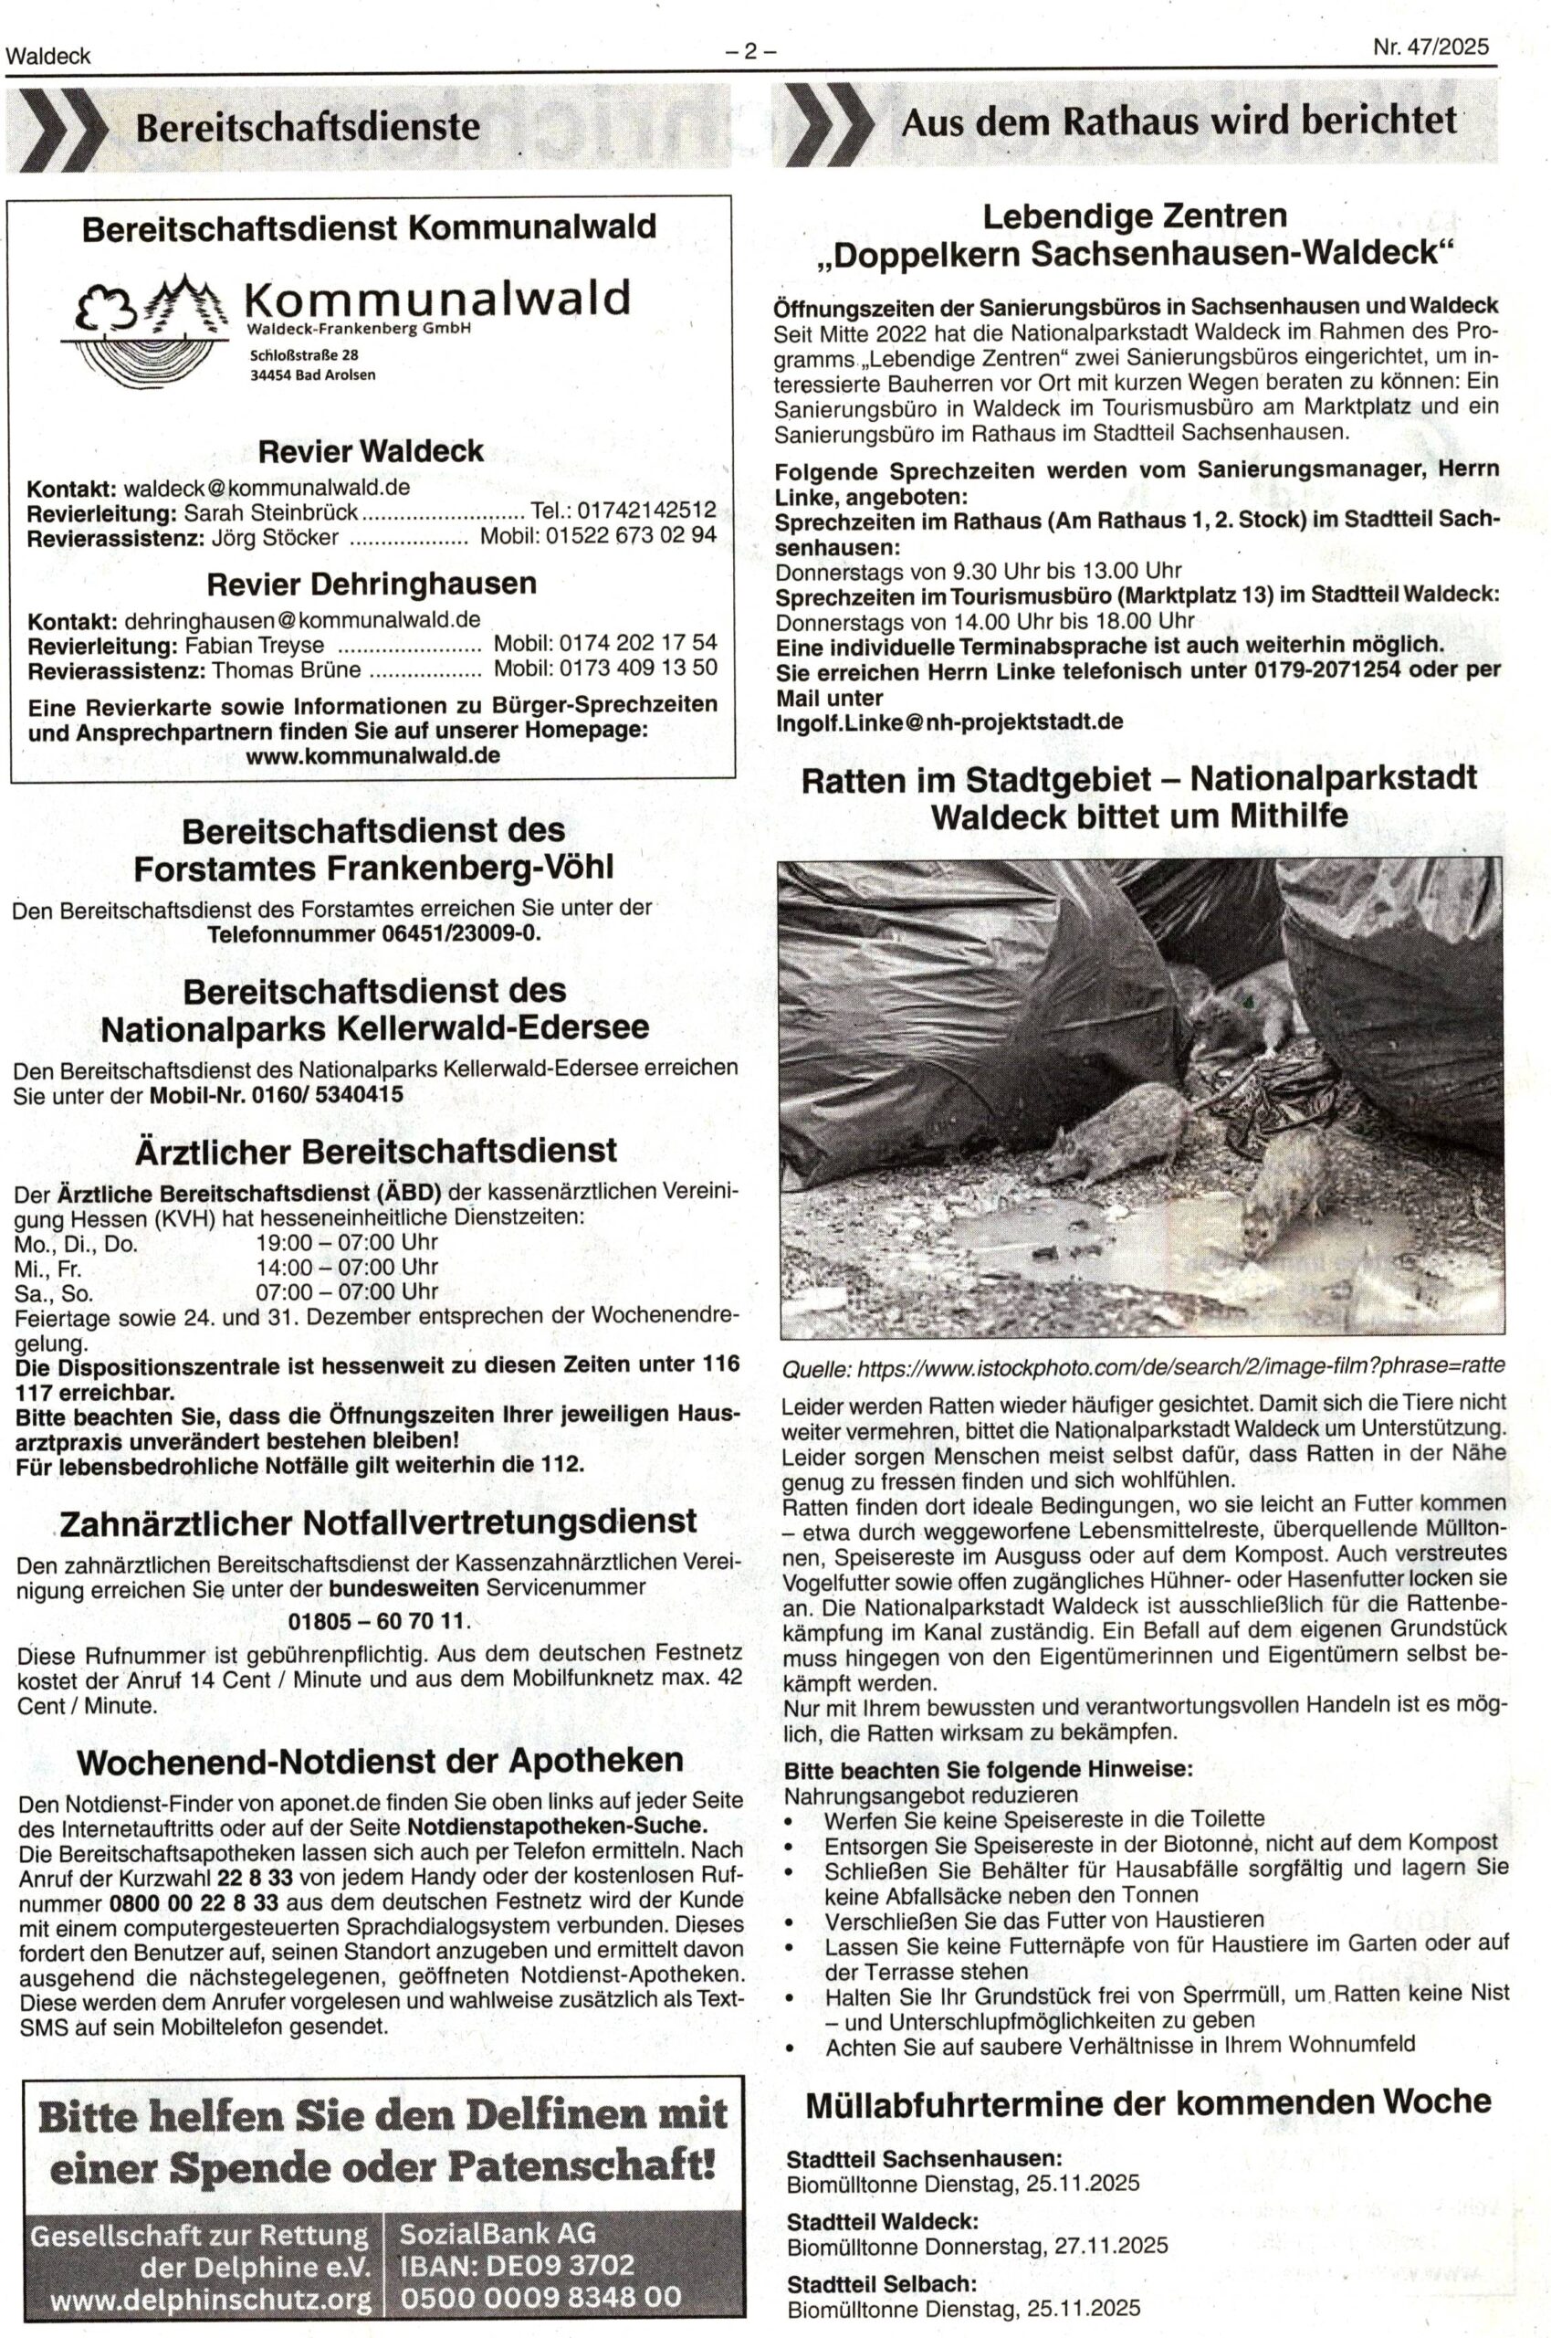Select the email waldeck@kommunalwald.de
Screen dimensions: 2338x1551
[266, 488]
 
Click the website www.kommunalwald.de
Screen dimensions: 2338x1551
[375, 755]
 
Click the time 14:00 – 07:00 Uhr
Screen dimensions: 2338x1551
[346, 1267]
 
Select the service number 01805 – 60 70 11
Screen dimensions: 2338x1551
[376, 1622]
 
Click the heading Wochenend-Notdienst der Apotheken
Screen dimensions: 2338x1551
[380, 1760]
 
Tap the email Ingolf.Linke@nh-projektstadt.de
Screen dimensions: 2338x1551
[948, 721]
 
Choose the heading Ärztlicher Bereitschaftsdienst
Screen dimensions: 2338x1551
[375, 1151]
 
